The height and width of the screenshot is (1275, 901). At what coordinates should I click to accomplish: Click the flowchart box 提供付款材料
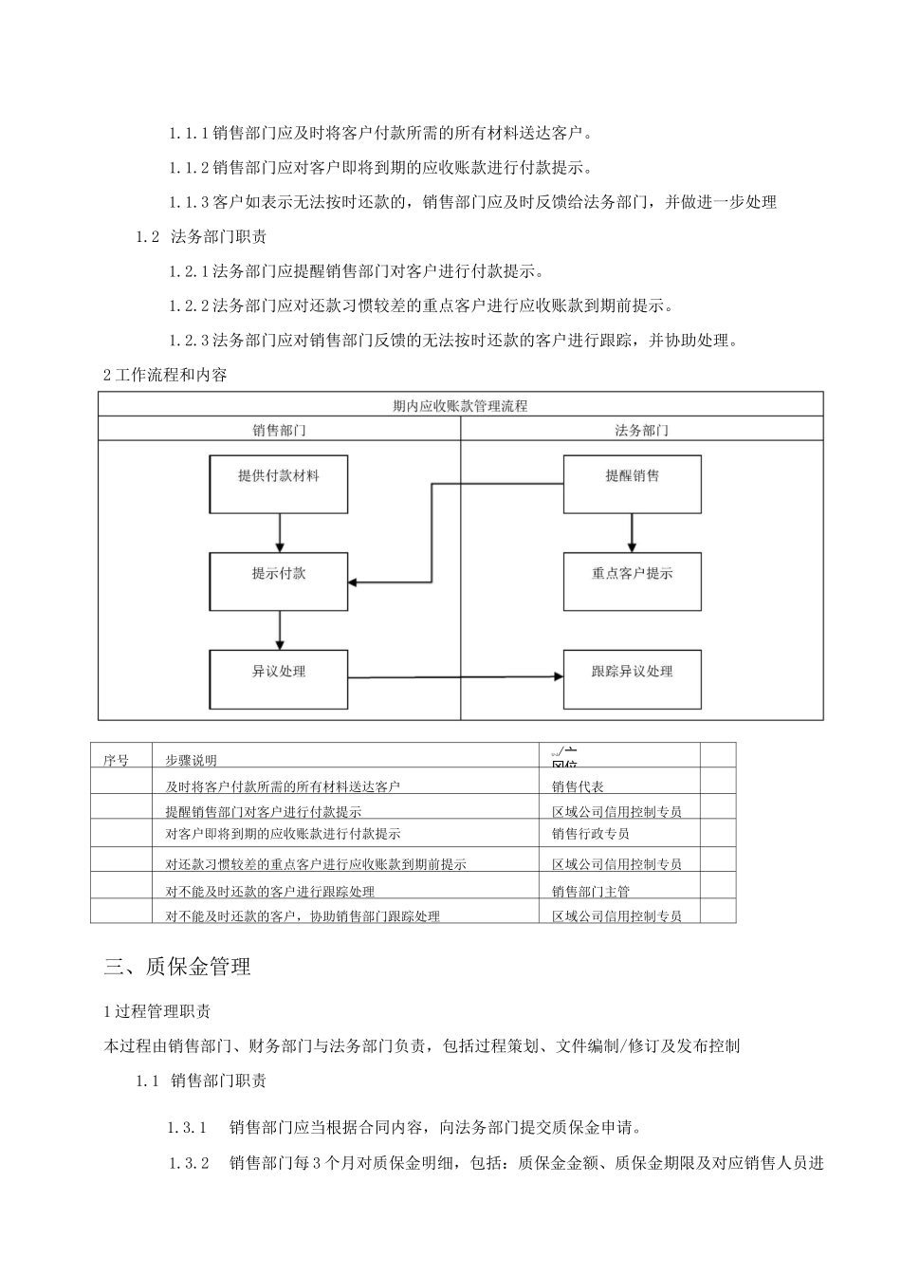point(278,485)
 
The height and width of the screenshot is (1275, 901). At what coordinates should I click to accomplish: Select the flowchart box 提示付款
point(278,582)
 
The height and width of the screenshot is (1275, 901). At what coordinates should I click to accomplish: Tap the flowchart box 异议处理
point(278,679)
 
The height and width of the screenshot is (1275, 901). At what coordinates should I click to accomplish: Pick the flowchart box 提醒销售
point(632,485)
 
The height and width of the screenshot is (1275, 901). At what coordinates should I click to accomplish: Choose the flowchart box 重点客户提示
point(632,582)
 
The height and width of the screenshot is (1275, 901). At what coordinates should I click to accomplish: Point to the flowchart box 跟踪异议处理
point(632,679)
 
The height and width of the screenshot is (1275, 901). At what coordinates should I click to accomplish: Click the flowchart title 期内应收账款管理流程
point(460,406)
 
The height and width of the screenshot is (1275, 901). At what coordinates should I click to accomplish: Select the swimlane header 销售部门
point(279,430)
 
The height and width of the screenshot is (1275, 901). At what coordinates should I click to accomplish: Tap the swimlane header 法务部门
point(641,430)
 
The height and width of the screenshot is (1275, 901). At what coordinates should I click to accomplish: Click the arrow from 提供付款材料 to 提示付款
point(279,533)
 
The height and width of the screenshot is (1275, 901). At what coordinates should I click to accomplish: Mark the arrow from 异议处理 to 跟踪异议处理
point(455,677)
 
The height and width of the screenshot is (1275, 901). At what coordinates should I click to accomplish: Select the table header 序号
point(116,760)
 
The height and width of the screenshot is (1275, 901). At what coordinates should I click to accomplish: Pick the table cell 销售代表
point(578,786)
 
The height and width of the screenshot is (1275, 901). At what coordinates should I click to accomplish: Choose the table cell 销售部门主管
point(590,891)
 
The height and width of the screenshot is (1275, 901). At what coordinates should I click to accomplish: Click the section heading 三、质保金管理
point(177,967)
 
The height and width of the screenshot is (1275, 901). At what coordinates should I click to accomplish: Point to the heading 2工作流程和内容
point(165,375)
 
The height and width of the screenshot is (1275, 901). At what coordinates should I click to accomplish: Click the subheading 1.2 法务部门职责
point(201,237)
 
